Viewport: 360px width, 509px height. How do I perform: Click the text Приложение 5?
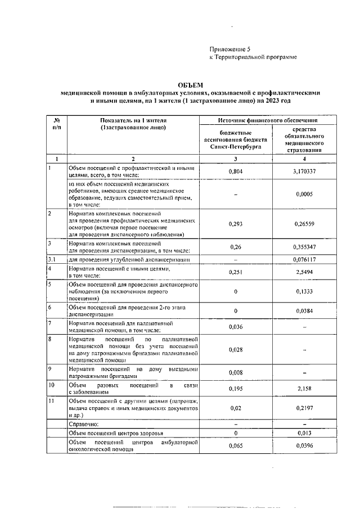tap(230, 49)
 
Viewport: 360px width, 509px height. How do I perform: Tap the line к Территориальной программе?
tap(253, 57)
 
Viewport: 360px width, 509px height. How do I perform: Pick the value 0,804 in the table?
tap(236, 171)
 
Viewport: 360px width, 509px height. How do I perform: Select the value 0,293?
tap(236, 223)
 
